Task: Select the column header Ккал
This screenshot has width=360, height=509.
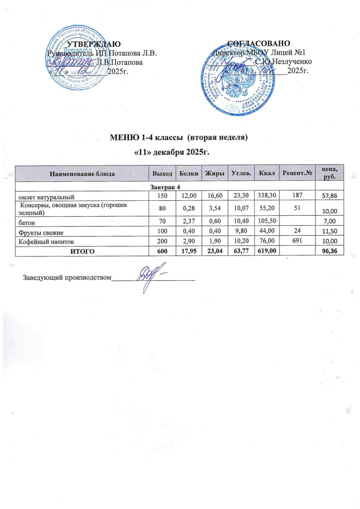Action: [x=265, y=173]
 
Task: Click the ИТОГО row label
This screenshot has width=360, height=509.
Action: [x=82, y=252]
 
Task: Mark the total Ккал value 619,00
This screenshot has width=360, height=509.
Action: [x=265, y=252]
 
